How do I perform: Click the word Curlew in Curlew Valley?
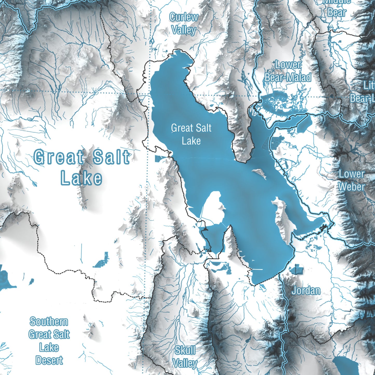(x=183, y=17)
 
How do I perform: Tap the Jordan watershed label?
(x=306, y=291)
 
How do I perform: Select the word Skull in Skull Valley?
(x=185, y=350)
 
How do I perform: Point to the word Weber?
(x=351, y=187)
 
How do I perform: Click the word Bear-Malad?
(x=288, y=78)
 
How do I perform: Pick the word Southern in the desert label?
(x=49, y=322)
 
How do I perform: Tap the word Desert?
(x=49, y=360)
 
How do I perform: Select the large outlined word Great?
(x=59, y=157)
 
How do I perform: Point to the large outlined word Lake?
(x=81, y=178)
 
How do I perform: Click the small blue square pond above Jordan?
(x=296, y=269)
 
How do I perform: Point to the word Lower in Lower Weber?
(x=351, y=174)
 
